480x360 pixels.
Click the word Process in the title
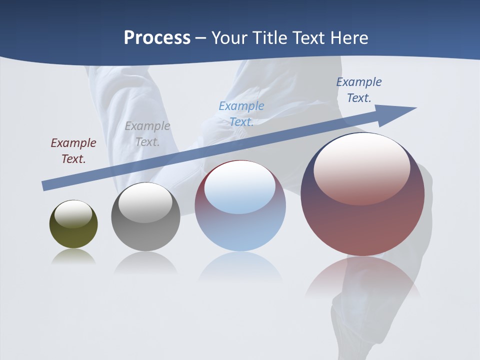157,38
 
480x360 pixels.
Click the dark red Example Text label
73,151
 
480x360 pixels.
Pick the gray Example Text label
147,134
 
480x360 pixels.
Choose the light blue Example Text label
241,114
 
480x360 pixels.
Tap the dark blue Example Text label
359,90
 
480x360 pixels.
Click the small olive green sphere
73,232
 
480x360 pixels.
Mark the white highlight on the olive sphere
73,214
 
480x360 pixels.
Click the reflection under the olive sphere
73,256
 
